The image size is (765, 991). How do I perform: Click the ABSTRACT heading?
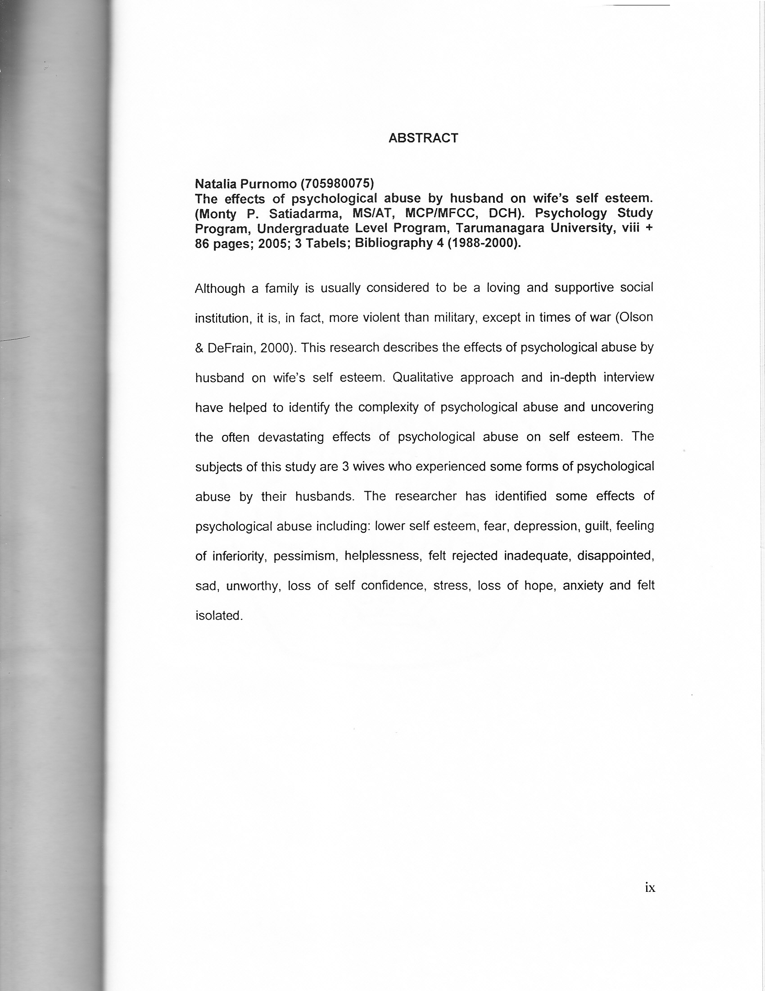(423, 138)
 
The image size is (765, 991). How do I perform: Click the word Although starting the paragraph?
(220, 288)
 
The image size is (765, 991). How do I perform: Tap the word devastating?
(291, 438)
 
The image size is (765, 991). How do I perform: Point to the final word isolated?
(219, 616)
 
